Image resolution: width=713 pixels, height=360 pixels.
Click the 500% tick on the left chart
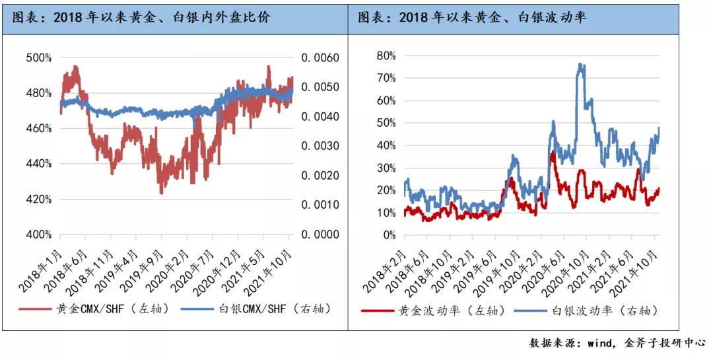tap(38, 57)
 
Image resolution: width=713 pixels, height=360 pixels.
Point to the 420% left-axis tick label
tap(38, 199)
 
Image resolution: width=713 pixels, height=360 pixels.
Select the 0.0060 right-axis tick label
tap(320, 57)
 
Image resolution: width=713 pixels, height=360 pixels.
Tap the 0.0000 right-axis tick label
tap(320, 234)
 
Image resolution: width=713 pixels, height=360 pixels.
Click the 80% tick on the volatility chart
tap(386, 55)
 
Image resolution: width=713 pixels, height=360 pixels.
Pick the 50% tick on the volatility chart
tap(386, 122)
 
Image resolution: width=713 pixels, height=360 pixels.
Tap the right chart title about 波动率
tap(472, 17)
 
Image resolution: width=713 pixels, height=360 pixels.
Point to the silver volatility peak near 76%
tap(580, 64)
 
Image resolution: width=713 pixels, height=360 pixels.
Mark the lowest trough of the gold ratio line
tap(161, 193)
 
